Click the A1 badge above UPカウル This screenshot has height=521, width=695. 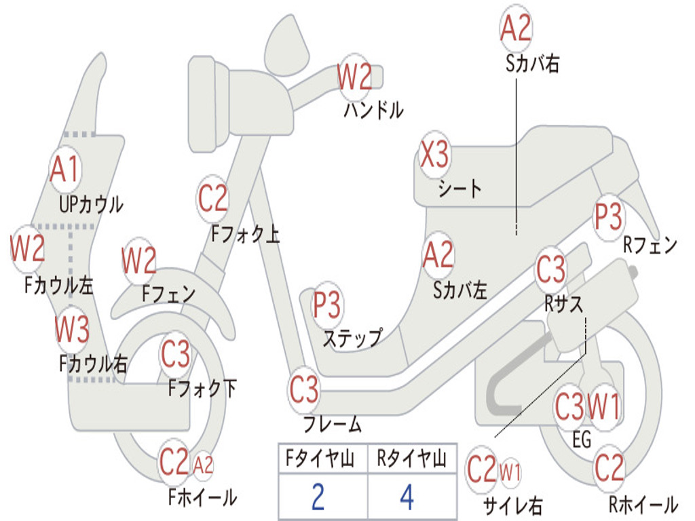coord(65,169)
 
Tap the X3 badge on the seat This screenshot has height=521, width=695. coord(434,155)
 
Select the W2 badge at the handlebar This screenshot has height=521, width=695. coord(355,77)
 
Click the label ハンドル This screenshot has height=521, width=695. coord(373,109)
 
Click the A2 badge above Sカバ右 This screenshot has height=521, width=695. coord(515,28)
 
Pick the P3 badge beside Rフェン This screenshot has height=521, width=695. coord(608,217)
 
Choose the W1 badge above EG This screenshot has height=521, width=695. coord(603,407)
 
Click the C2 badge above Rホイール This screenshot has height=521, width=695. coord(609,467)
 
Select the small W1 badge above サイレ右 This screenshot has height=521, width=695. coord(510,471)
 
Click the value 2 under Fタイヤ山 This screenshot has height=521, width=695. coord(318,497)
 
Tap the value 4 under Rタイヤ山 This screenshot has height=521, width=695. coord(407,497)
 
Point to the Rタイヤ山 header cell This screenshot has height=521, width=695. coord(411,460)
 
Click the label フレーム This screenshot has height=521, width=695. coord(333,425)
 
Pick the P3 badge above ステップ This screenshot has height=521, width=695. coord(327,306)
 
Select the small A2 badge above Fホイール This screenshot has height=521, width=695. coord(203,465)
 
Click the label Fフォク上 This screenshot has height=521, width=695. coord(245,234)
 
